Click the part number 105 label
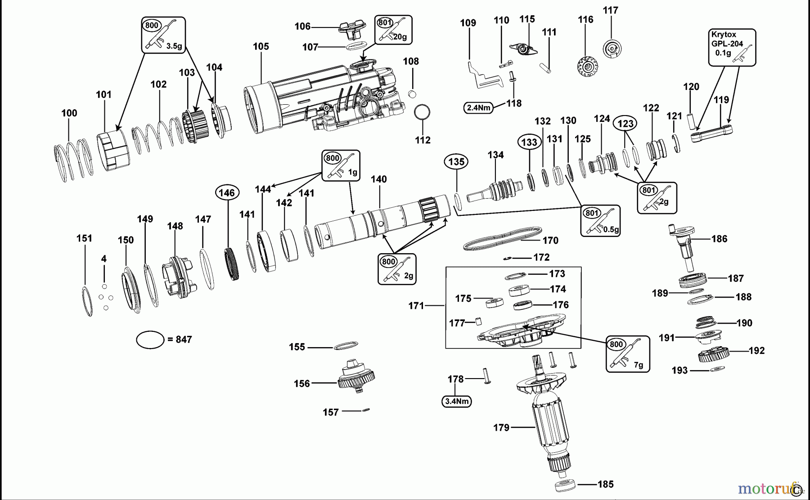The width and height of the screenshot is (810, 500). pos(261,47)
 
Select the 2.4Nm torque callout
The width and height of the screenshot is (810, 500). pos(478,108)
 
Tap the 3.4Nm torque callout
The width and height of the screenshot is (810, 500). pos(456,401)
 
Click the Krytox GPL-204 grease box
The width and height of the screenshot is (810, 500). pos(732,47)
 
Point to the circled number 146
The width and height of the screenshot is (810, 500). pos(227,193)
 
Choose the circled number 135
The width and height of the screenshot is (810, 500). pos(456,161)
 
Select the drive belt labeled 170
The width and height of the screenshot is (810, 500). pos(503,238)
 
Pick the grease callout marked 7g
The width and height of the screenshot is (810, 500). pos(628,353)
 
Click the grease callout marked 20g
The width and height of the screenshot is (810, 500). pos(393,29)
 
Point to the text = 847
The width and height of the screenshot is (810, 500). pos(180,340)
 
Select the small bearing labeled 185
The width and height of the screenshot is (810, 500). pos(565,487)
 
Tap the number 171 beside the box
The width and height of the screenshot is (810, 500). pos(416,306)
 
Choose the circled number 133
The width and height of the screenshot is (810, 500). pos(529,142)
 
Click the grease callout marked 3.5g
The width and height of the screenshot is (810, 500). pos(164,35)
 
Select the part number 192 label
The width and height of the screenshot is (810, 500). pos(756,351)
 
